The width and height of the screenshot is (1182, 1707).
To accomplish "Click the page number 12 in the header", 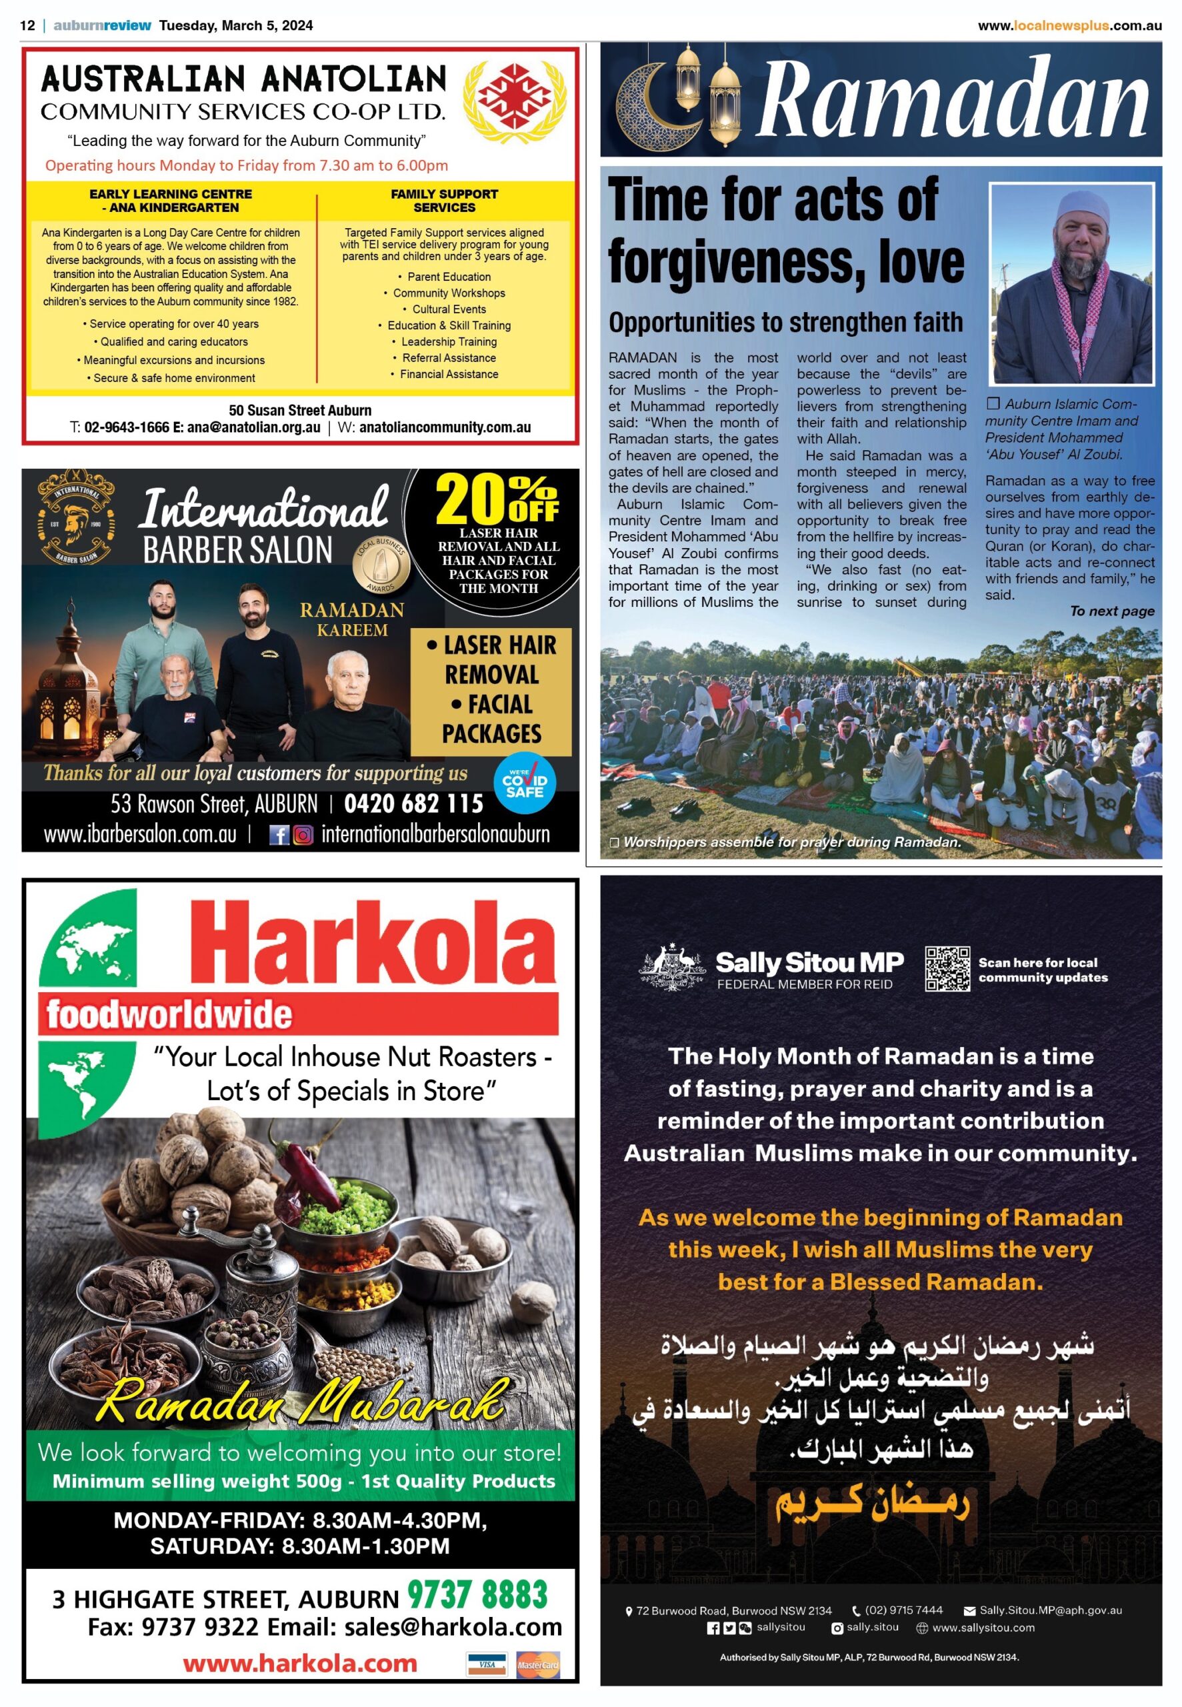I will coord(27,25).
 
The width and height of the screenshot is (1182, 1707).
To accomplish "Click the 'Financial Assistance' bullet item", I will coord(449,374).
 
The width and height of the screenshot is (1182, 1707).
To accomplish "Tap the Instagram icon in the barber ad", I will coord(303,835).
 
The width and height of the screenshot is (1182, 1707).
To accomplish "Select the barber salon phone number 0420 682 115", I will coord(413,803).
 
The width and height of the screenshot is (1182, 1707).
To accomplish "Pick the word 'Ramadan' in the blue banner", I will coord(954,99).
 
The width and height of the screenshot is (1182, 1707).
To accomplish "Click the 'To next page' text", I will coord(1111,611).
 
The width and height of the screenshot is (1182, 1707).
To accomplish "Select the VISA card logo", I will coord(487,1664).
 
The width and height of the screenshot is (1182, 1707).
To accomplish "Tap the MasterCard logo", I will coord(539,1664).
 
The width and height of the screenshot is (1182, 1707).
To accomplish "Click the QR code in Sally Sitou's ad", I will coord(947,968).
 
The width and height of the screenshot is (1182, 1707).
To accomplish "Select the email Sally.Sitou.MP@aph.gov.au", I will coord(1050,1610).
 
